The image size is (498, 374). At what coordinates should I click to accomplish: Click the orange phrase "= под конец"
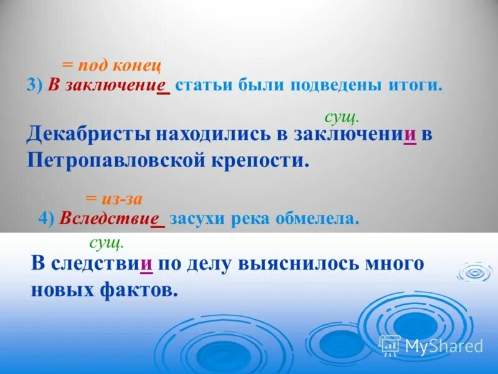coord(111,65)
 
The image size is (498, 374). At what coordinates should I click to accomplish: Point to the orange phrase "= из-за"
coord(115,199)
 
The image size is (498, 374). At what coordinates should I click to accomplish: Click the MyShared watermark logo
coord(431,345)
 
